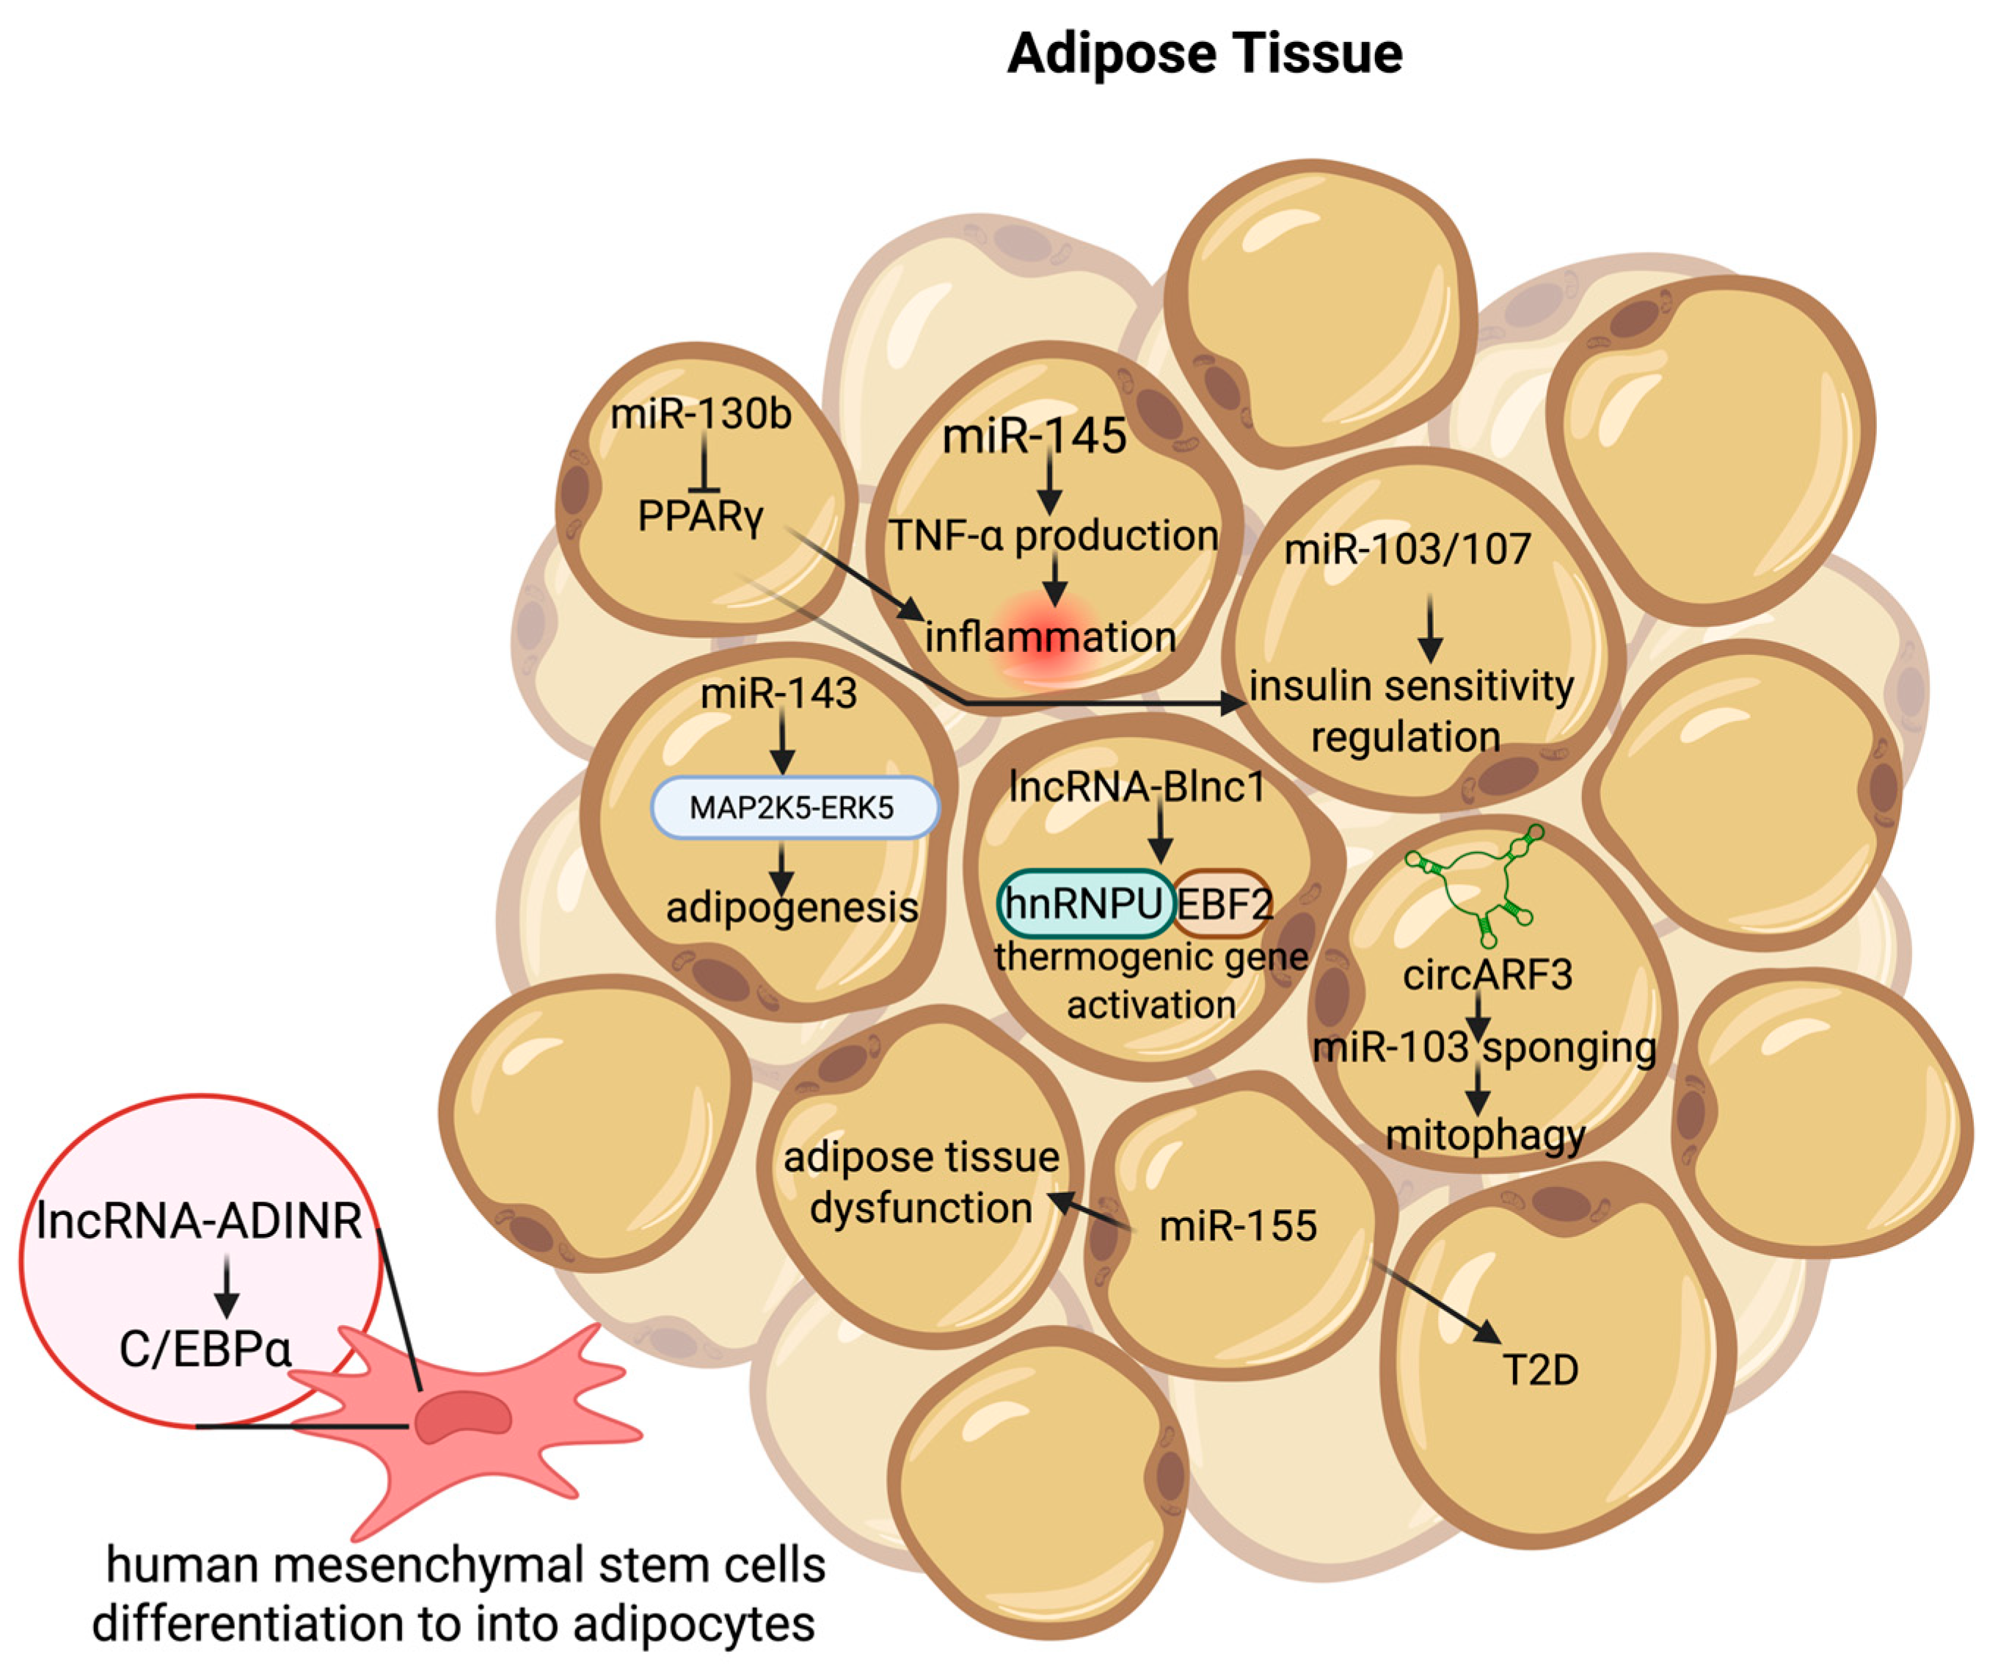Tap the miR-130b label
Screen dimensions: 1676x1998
701,415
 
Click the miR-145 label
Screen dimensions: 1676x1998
1034,437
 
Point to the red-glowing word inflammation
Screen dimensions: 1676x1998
1051,636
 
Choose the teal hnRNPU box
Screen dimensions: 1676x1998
1084,902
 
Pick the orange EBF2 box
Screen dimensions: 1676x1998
1224,903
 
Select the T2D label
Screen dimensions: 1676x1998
1539,1371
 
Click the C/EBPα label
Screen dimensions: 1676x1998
205,1349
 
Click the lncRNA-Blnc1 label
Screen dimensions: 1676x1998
1137,787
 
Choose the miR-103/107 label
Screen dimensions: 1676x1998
1408,549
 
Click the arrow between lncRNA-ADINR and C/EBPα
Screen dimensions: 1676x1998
227,1285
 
